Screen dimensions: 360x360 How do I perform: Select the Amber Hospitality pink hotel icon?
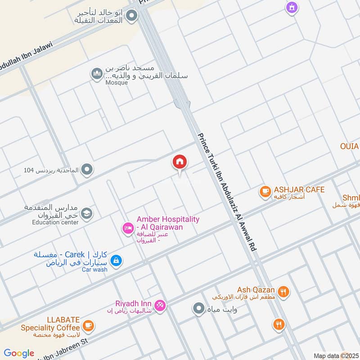(x=127, y=229)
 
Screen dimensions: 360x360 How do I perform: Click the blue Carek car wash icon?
(x=116, y=261)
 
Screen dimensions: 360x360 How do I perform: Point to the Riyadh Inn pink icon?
(x=160, y=306)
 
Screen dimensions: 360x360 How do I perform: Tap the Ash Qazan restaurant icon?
(x=283, y=292)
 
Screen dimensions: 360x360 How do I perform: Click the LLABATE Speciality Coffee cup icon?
(x=89, y=325)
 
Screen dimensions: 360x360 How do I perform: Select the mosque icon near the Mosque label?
(x=96, y=74)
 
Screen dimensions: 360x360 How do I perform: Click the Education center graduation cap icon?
(x=87, y=213)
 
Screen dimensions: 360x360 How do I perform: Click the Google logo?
(x=19, y=353)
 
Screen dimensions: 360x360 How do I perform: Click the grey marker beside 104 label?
(x=87, y=170)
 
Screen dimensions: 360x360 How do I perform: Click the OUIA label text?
(x=349, y=147)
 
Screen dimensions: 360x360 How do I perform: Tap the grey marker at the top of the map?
(x=131, y=17)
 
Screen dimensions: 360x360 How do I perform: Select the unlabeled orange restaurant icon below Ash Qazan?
(x=279, y=324)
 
